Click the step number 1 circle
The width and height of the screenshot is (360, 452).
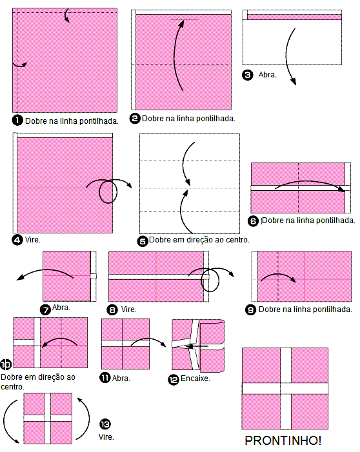tap(17, 120)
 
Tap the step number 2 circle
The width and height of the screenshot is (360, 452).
tap(135, 118)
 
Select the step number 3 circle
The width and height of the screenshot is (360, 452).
tap(247, 75)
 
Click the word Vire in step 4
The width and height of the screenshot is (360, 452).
tap(34, 239)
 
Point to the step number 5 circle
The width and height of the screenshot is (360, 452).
tap(143, 241)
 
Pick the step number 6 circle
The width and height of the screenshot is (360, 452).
tap(254, 221)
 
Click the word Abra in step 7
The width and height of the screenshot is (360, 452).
tap(61, 308)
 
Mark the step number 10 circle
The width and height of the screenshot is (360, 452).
tap(6, 364)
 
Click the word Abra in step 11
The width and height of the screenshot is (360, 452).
tap(121, 378)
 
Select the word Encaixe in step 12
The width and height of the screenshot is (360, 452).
tap(195, 378)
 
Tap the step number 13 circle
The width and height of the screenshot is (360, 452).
tap(105, 424)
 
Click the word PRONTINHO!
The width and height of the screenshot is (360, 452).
tap(283, 440)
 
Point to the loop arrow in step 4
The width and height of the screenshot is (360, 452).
tap(107, 190)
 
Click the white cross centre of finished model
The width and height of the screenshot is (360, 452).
tap(285, 388)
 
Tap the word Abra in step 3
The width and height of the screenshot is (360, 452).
tap(267, 75)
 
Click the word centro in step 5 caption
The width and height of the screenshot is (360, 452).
tap(235, 240)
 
